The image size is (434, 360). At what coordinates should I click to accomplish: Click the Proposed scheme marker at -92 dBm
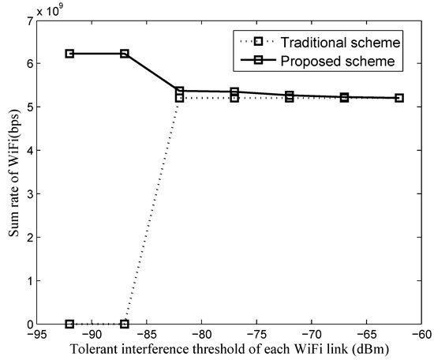[69, 54]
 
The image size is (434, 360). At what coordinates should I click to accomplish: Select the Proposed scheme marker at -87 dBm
[125, 54]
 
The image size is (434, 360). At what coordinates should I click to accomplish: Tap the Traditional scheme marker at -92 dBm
[69, 324]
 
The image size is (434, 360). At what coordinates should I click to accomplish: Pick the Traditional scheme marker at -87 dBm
[125, 324]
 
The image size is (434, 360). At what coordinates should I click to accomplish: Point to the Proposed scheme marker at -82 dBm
[179, 92]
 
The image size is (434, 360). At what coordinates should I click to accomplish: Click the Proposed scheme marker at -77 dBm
[234, 92]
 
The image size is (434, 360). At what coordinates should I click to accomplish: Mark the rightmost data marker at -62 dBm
[399, 98]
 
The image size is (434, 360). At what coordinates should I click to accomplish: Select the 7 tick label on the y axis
[29, 21]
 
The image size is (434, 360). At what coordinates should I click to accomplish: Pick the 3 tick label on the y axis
[29, 193]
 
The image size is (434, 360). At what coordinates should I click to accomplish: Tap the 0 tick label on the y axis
[29, 324]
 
